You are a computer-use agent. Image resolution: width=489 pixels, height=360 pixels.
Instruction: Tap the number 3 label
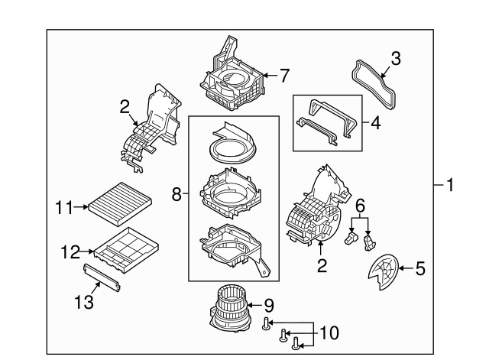(x=396, y=58)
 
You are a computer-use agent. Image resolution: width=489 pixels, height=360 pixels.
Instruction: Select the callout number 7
(x=284, y=75)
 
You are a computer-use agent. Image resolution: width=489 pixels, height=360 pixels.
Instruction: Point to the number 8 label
(x=177, y=195)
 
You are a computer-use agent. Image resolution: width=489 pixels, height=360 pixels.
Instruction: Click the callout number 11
(x=63, y=206)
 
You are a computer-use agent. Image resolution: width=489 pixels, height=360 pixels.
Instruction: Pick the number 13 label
(x=89, y=303)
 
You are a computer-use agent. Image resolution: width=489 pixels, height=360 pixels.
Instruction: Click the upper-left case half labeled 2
(x=153, y=126)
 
